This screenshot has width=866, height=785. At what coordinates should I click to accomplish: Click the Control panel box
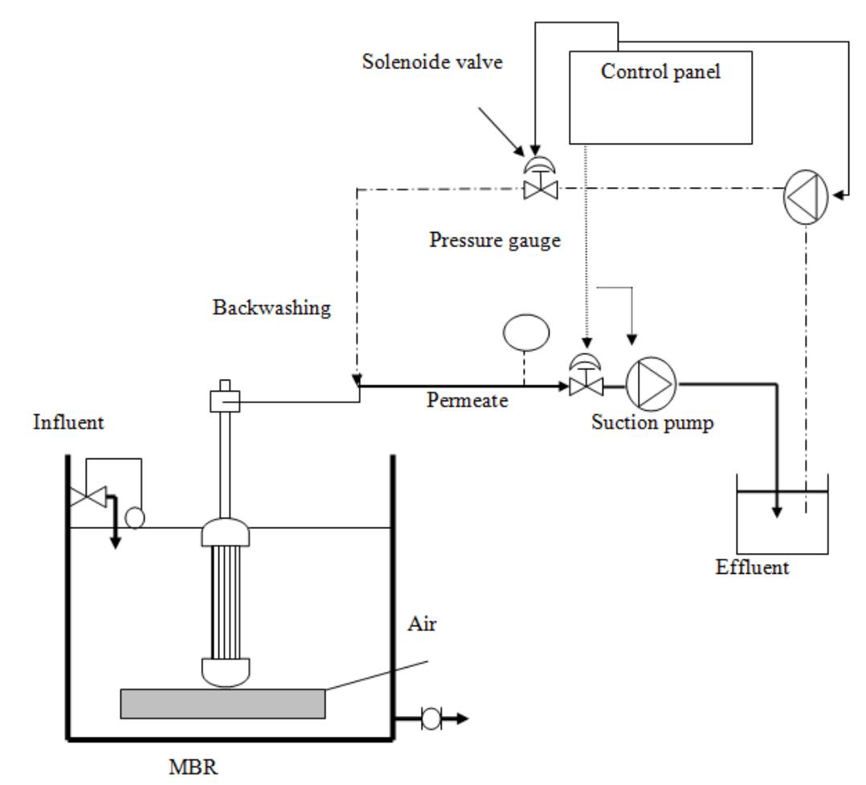[660, 97]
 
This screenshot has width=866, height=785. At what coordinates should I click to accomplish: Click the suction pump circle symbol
[651, 384]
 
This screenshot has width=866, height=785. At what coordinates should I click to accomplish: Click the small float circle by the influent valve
[135, 518]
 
